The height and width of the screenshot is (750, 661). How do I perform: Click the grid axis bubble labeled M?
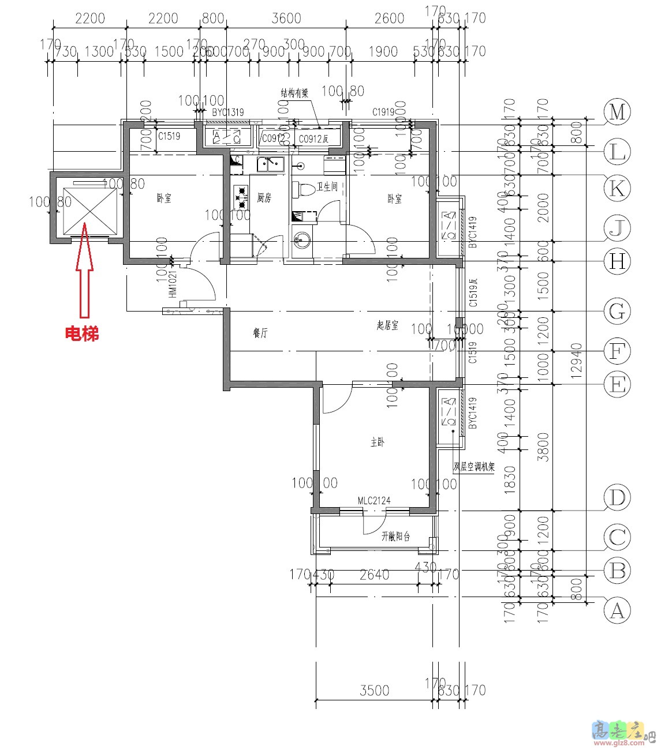(617, 112)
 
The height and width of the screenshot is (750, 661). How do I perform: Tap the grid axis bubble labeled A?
(617, 610)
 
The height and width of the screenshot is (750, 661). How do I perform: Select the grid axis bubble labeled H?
(617, 262)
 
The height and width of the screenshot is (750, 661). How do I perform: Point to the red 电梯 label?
(81, 333)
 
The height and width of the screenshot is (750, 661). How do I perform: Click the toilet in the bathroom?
(304, 189)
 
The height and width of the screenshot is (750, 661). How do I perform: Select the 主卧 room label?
(378, 442)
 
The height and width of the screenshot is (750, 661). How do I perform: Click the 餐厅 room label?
(261, 333)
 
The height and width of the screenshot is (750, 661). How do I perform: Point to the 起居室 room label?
(387, 326)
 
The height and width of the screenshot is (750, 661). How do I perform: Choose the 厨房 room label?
(264, 198)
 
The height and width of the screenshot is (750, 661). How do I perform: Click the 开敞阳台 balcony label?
(395, 537)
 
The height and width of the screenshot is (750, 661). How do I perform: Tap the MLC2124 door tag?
(374, 501)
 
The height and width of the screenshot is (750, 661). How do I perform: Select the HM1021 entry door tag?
(173, 284)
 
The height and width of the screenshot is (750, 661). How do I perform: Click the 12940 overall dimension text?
(577, 361)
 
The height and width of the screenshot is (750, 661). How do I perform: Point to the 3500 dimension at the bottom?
(375, 691)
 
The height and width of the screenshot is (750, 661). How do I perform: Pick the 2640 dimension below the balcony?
(374, 575)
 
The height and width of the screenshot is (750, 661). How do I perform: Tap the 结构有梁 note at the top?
(294, 93)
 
